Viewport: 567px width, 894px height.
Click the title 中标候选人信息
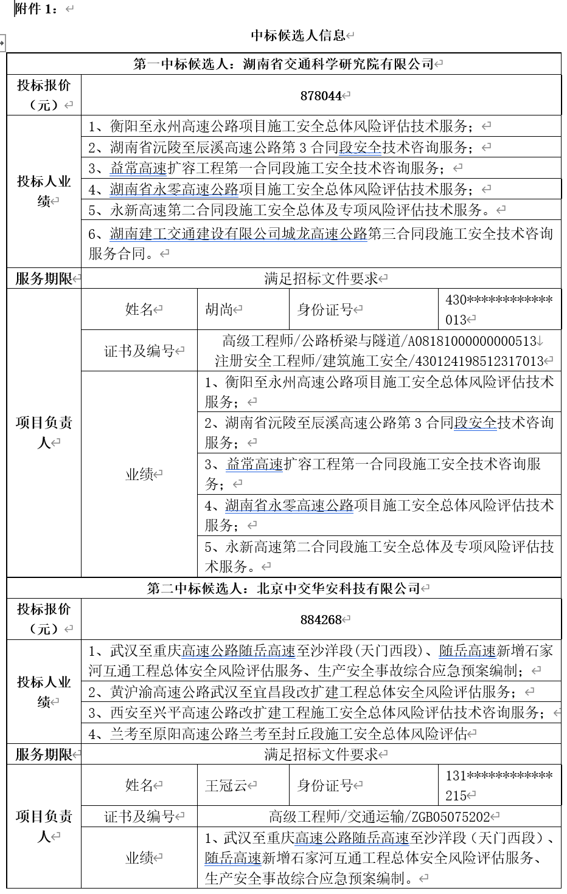click(298, 35)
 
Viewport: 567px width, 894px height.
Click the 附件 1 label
click(36, 9)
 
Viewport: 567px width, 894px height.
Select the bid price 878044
click(321, 95)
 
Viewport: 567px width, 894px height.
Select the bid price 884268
click(321, 619)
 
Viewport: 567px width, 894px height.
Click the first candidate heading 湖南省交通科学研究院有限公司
click(338, 64)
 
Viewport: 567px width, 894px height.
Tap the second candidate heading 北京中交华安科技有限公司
click(338, 588)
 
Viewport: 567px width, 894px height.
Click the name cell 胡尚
click(220, 309)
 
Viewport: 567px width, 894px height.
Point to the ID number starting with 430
click(499, 309)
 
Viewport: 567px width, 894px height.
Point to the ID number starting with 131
click(499, 785)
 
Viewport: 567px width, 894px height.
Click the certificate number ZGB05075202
click(451, 817)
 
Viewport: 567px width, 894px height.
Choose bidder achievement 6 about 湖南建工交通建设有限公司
click(321, 242)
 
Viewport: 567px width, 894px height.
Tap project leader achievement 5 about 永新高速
click(379, 556)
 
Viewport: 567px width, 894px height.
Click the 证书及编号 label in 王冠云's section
click(139, 817)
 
